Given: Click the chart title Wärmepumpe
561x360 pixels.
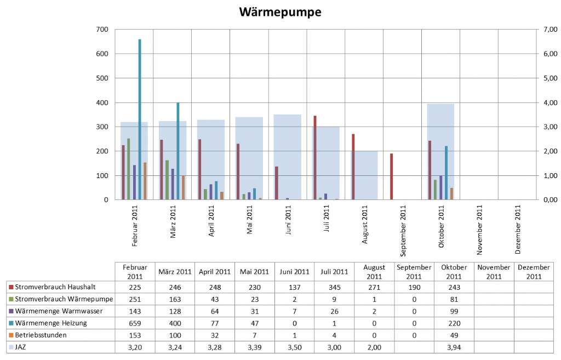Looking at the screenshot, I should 280,12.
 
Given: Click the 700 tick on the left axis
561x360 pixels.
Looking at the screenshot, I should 102,30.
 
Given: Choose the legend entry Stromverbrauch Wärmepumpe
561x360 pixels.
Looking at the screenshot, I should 61,299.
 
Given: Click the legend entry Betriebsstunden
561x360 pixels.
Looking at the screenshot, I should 42,335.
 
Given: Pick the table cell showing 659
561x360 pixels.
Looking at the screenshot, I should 135,323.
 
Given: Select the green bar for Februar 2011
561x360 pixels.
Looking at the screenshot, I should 129,169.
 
